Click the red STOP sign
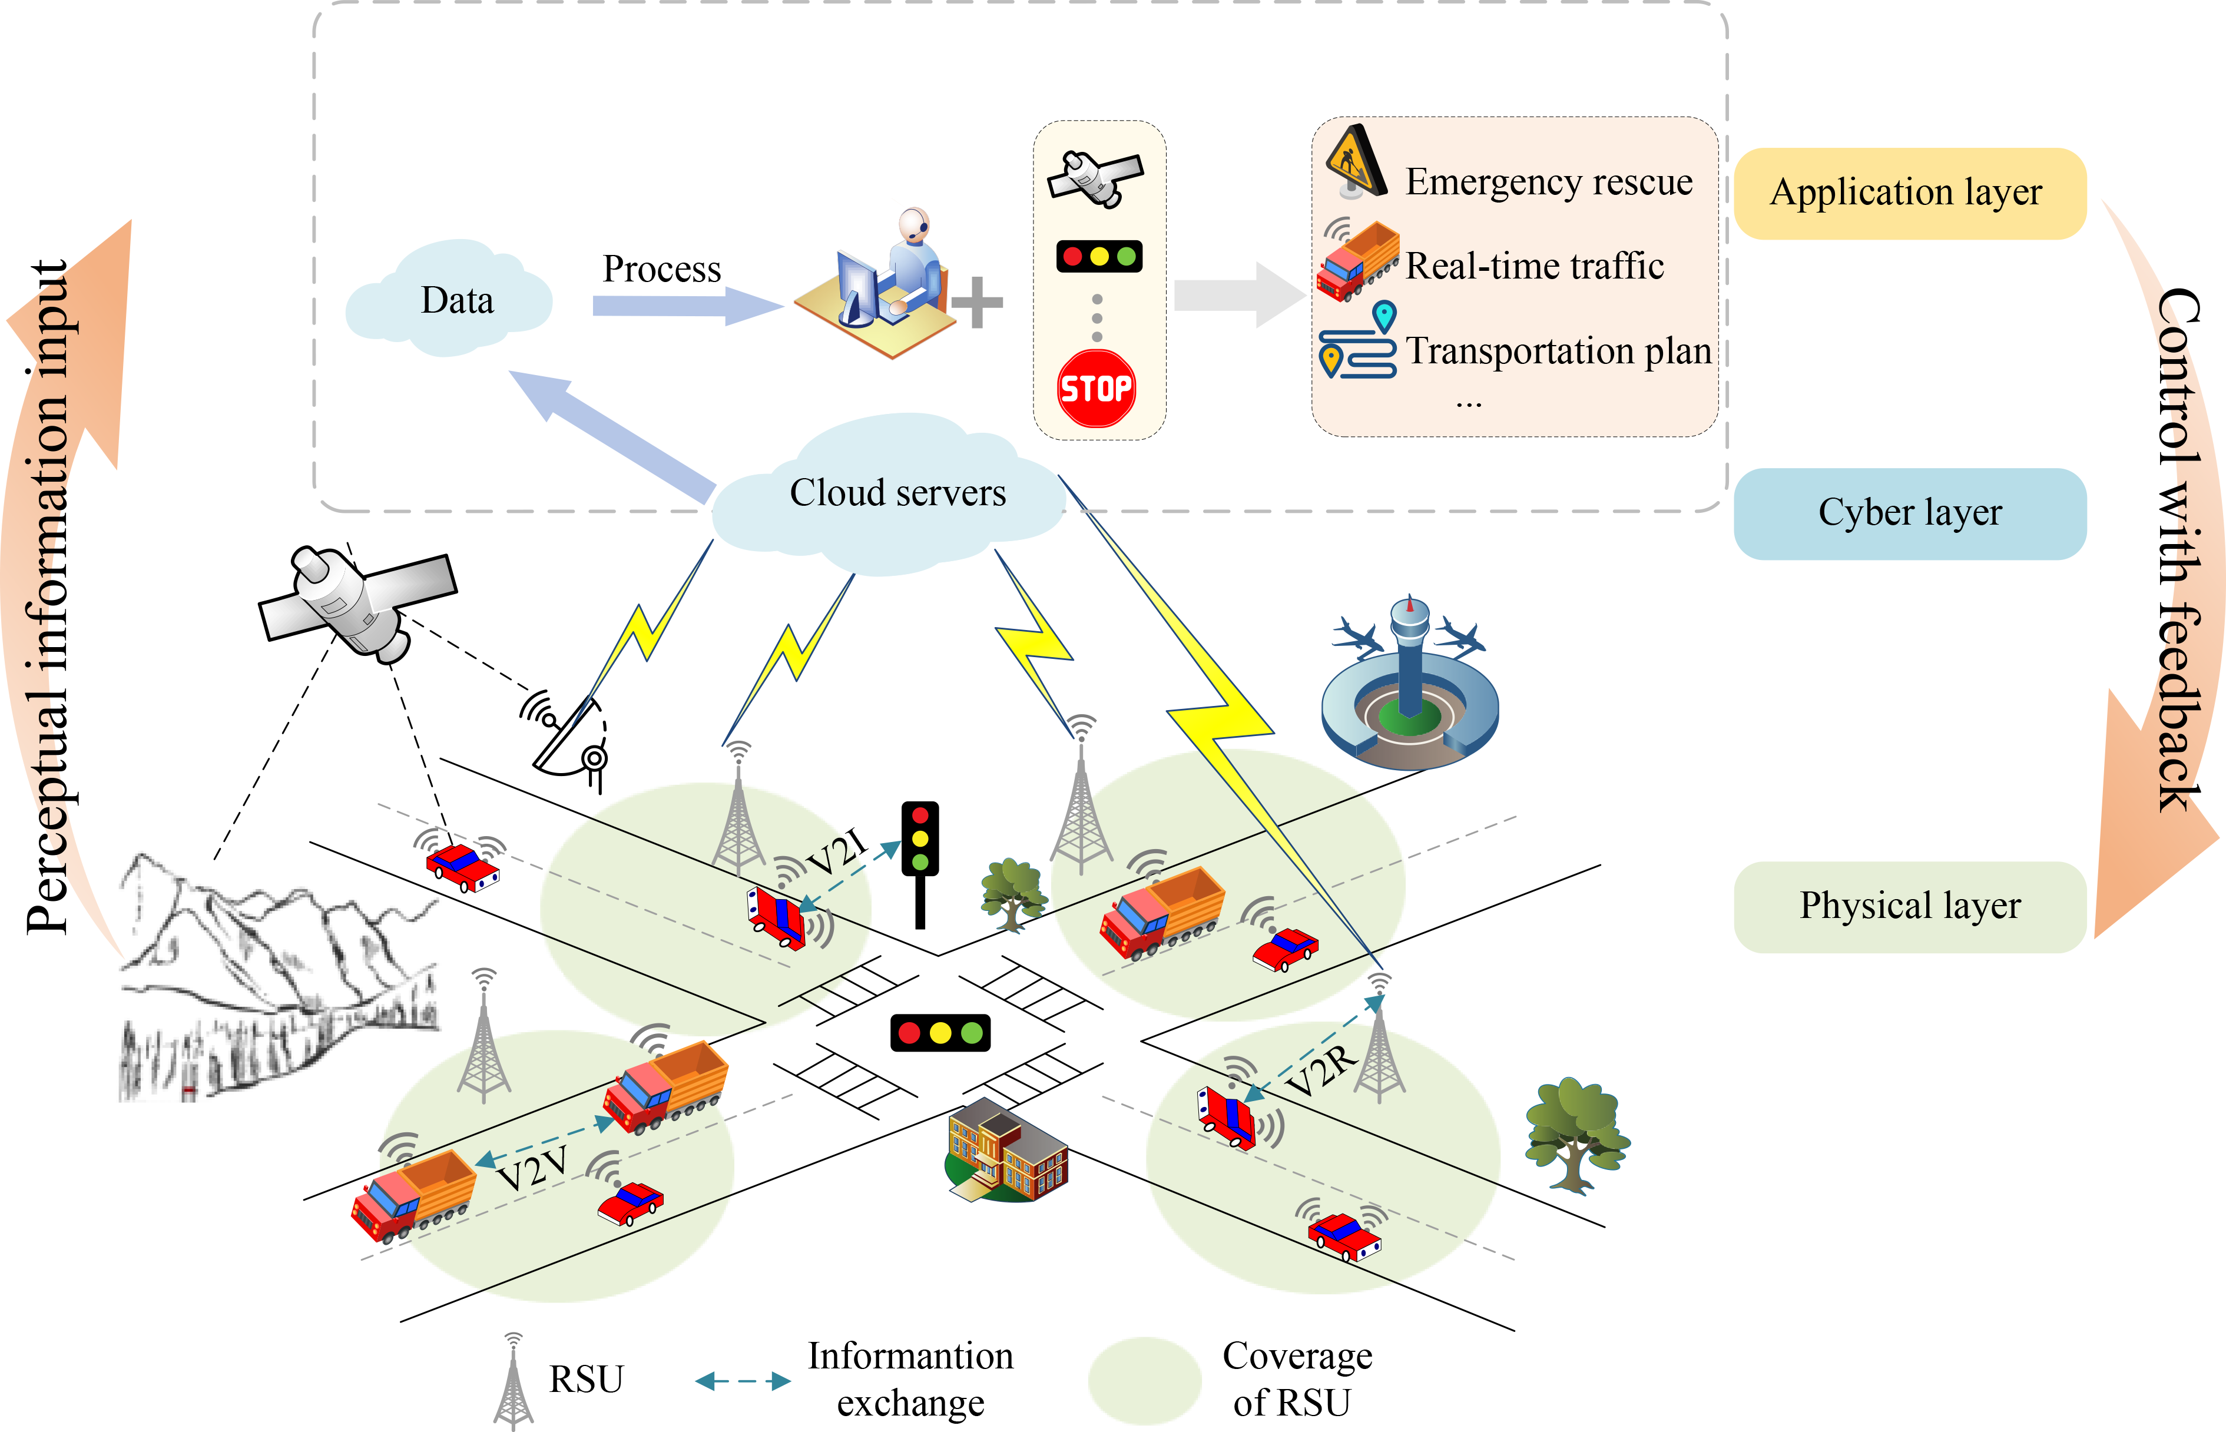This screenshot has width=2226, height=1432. coord(1097,388)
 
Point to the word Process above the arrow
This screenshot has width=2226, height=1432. coord(661,268)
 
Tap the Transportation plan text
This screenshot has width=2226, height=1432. coord(1558,350)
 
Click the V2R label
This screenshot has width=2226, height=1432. coord(1320,1069)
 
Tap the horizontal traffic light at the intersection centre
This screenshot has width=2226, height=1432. coord(940,1032)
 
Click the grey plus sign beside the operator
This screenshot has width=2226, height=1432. coord(976,302)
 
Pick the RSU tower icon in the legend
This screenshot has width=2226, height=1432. coord(512,1381)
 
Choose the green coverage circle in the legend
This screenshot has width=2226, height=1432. coord(1145,1381)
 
